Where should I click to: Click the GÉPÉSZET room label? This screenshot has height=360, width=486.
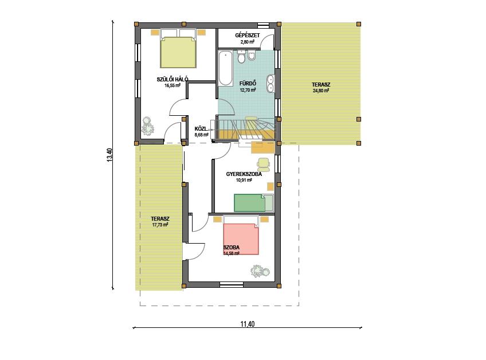pyautogui.click(x=247, y=36)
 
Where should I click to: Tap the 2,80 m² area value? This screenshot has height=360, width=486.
pyautogui.click(x=248, y=42)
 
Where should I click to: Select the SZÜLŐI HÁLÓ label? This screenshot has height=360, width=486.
pyautogui.click(x=173, y=79)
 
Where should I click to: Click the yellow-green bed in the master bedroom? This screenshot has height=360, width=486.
pyautogui.click(x=178, y=52)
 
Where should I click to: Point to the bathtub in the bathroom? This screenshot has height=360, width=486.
pyautogui.click(x=225, y=69)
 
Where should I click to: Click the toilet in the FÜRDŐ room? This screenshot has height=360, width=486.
pyautogui.click(x=241, y=57)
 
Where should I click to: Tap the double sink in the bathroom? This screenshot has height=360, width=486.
pyautogui.click(x=271, y=84)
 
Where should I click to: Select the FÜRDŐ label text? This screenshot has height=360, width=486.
pyautogui.click(x=248, y=84)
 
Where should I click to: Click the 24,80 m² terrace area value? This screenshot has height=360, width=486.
pyautogui.click(x=321, y=91)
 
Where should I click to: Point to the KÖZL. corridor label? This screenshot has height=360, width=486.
pyautogui.click(x=200, y=128)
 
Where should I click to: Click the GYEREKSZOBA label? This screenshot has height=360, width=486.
pyautogui.click(x=244, y=174)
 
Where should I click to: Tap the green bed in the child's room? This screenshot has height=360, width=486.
pyautogui.click(x=249, y=203)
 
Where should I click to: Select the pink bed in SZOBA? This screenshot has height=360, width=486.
pyautogui.click(x=241, y=239)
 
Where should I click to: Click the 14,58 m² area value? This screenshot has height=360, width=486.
pyautogui.click(x=231, y=253)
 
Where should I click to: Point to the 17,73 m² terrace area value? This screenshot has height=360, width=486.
pyautogui.click(x=160, y=225)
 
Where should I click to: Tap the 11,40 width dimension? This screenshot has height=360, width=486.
pyautogui.click(x=248, y=324)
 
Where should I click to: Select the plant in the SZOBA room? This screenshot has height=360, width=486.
pyautogui.click(x=260, y=271)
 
